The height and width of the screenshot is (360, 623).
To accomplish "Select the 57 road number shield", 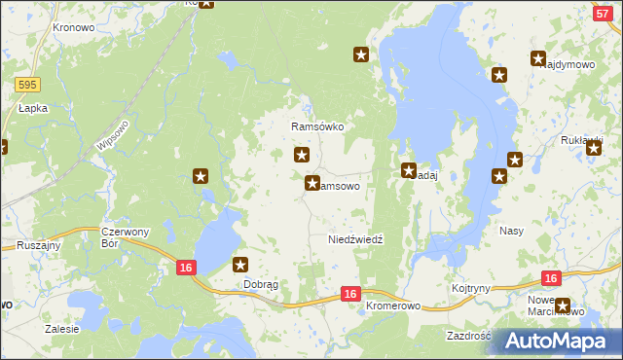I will [x=603, y=12].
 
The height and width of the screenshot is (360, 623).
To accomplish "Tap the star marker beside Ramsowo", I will [x=312, y=182].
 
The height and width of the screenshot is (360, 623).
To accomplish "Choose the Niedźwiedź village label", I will [x=356, y=239].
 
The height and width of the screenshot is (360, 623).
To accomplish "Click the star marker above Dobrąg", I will [x=241, y=264].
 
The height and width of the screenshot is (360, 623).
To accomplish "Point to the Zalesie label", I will [x=61, y=329].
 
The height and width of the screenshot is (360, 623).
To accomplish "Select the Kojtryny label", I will [x=471, y=289].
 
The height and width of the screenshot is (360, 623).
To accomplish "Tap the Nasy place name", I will [x=512, y=232].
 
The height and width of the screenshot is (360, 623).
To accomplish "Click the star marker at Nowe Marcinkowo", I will [x=562, y=306].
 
